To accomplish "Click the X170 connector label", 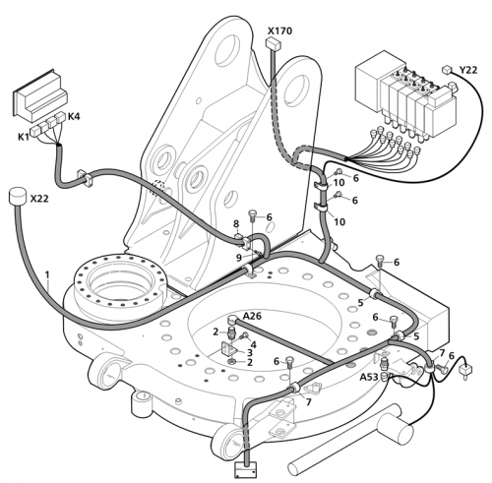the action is pyautogui.click(x=279, y=31).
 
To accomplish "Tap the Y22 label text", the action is pyautogui.click(x=467, y=70).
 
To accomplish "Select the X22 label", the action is pyautogui.click(x=39, y=199).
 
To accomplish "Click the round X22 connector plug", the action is pyautogui.click(x=17, y=196).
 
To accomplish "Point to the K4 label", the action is pyautogui.click(x=74, y=116).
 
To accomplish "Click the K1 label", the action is pyautogui.click(x=24, y=137).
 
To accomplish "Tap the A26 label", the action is pyautogui.click(x=252, y=316).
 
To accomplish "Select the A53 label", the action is pyautogui.click(x=369, y=377).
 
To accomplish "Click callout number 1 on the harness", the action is pyautogui.click(x=47, y=274).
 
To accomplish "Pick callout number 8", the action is pyautogui.click(x=236, y=224).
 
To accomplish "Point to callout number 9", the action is pyautogui.click(x=239, y=258).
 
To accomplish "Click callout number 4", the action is pyautogui.click(x=254, y=344).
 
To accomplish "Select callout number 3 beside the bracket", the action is pyautogui.click(x=250, y=353).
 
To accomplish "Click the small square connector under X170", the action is pyautogui.click(x=272, y=42).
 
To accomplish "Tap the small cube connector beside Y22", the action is pyautogui.click(x=446, y=70).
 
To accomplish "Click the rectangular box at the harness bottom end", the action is pyautogui.click(x=246, y=469).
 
